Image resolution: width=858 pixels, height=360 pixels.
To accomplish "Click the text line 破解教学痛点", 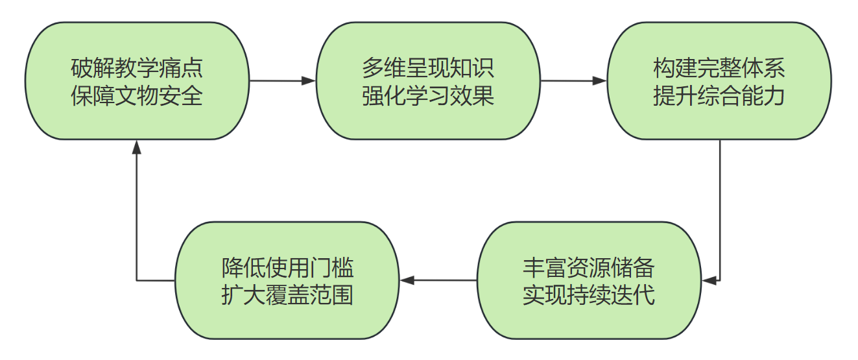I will (x=137, y=68).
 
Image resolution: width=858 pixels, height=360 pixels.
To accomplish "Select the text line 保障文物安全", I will (x=137, y=96).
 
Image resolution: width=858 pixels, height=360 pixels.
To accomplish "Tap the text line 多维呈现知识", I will (x=428, y=68).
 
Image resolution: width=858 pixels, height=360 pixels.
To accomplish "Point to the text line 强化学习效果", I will (x=428, y=96).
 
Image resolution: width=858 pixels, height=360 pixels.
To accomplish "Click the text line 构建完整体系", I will (x=719, y=68).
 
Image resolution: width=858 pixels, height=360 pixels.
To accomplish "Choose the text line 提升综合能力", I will (x=719, y=96).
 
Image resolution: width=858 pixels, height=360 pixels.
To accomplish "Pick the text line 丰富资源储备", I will (x=589, y=267).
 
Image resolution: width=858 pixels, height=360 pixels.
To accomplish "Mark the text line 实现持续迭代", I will (x=589, y=295).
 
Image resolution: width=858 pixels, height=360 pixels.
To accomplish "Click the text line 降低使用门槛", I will (x=287, y=267).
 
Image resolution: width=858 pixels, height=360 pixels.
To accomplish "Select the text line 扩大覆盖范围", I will (x=287, y=295).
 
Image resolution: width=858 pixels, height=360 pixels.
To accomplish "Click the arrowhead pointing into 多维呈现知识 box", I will (x=309, y=81).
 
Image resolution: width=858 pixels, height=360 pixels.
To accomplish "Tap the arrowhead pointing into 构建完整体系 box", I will (x=599, y=81).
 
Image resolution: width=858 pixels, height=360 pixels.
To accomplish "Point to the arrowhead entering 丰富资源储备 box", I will (x=709, y=280).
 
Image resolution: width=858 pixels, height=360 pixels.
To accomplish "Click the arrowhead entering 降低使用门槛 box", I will (x=407, y=280).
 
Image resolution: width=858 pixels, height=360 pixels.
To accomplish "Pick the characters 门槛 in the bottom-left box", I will (x=331, y=267).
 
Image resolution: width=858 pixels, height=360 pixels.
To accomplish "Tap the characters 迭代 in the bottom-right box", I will (x=633, y=295).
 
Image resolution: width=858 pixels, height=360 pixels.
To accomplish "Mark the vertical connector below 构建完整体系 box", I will (x=720, y=208).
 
